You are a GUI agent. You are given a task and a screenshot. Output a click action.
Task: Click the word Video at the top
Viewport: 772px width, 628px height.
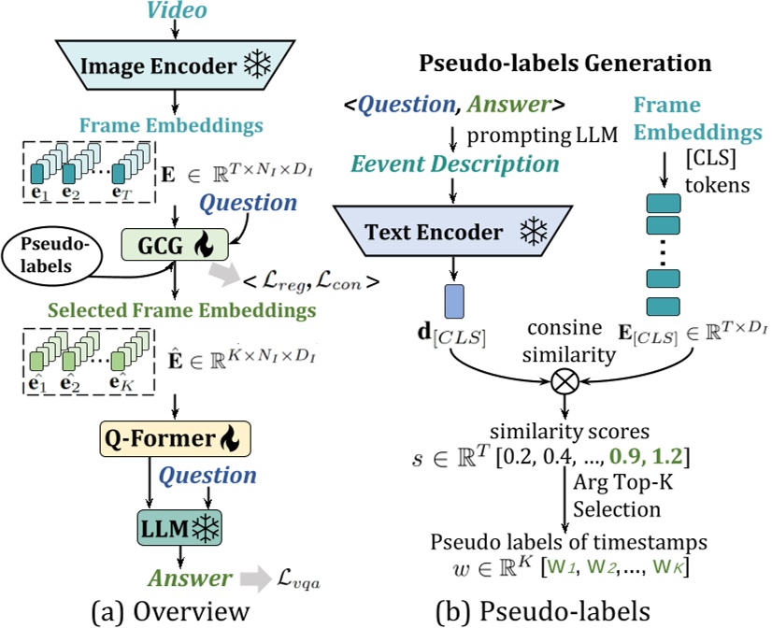pyautogui.click(x=173, y=13)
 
